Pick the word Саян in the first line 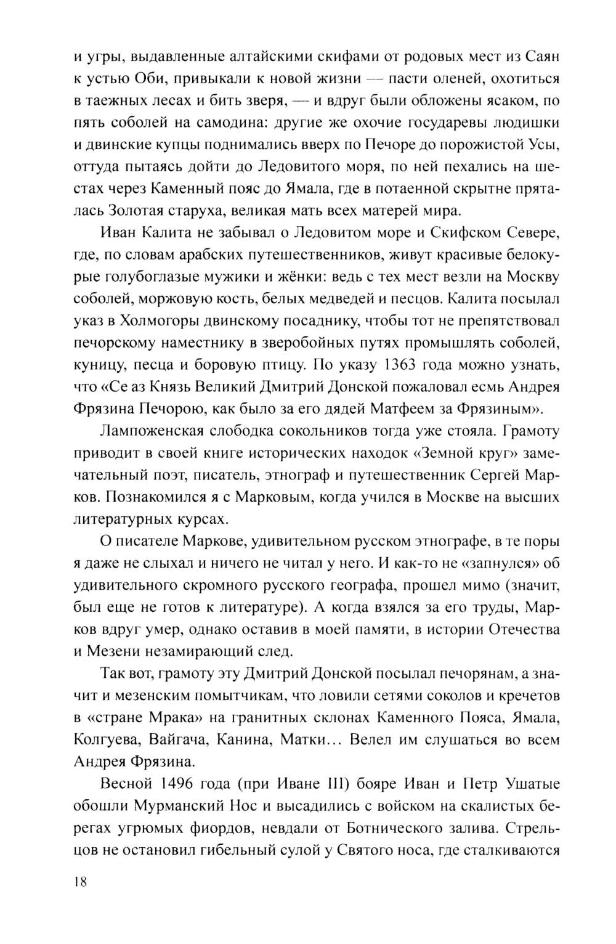[542, 57]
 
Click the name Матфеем [397, 408]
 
